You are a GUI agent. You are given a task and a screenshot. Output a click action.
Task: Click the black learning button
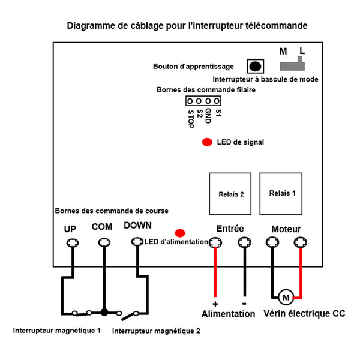point(255,67)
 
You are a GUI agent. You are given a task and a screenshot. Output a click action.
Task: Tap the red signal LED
point(207,142)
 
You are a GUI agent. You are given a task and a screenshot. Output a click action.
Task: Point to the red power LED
point(180,233)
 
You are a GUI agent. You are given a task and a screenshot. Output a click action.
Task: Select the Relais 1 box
point(281,194)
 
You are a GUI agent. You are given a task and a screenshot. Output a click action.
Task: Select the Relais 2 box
point(230,194)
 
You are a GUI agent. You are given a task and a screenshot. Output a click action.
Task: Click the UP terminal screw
point(73,242)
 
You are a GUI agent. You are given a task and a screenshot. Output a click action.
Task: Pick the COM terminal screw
point(104,242)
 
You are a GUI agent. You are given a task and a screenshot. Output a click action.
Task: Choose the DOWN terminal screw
point(137,242)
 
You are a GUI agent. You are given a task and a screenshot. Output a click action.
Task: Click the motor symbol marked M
point(286,298)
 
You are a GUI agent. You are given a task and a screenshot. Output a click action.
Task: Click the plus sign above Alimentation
point(215,304)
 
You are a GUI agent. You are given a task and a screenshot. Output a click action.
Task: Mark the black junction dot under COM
point(104,312)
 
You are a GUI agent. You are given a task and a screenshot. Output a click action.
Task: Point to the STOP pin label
point(191,119)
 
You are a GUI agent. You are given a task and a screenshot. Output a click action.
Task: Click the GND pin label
point(208,116)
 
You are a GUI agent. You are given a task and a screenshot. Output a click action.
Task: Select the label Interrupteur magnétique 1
point(57,331)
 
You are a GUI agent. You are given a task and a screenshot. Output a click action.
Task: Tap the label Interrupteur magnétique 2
point(156,331)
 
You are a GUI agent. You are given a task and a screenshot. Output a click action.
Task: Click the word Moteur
point(286,229)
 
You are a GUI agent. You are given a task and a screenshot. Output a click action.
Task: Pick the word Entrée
point(230,229)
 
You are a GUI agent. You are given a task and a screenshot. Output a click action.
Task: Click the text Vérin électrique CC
point(304,313)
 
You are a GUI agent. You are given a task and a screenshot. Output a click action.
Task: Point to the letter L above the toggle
point(302,51)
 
